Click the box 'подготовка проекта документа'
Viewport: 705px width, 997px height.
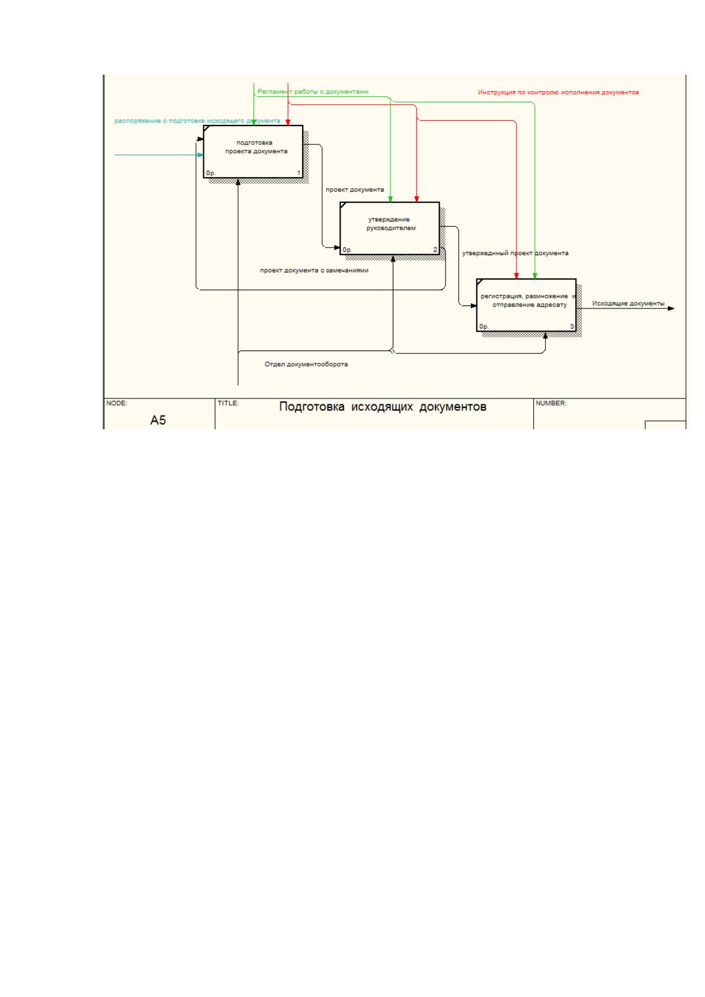coord(253,152)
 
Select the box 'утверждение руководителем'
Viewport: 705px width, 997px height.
coord(390,229)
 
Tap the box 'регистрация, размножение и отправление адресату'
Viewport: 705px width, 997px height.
coord(526,305)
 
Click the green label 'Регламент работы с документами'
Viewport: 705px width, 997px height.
coord(313,92)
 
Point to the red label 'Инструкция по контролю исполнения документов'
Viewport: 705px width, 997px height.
coord(558,92)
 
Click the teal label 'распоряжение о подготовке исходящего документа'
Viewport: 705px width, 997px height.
coord(197,121)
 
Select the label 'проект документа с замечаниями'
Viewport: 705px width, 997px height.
coord(314,270)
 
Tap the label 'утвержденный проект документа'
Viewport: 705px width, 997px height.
coord(515,253)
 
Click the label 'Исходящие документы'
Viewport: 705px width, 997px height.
coord(628,303)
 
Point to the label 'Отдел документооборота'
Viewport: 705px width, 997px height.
coord(306,364)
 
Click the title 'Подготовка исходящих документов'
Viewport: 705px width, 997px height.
coord(383,406)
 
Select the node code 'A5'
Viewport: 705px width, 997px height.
coord(158,420)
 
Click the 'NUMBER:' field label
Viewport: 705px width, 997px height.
coord(551,403)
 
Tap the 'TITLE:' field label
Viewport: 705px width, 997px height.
coord(228,403)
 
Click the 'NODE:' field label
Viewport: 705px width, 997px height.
coord(117,403)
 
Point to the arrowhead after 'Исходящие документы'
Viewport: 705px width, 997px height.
coord(671,308)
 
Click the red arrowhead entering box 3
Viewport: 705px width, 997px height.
coord(516,276)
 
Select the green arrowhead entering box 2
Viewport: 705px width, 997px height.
coord(390,199)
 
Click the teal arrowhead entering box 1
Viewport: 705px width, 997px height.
coord(200,155)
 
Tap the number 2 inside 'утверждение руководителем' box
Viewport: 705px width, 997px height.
coord(435,250)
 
